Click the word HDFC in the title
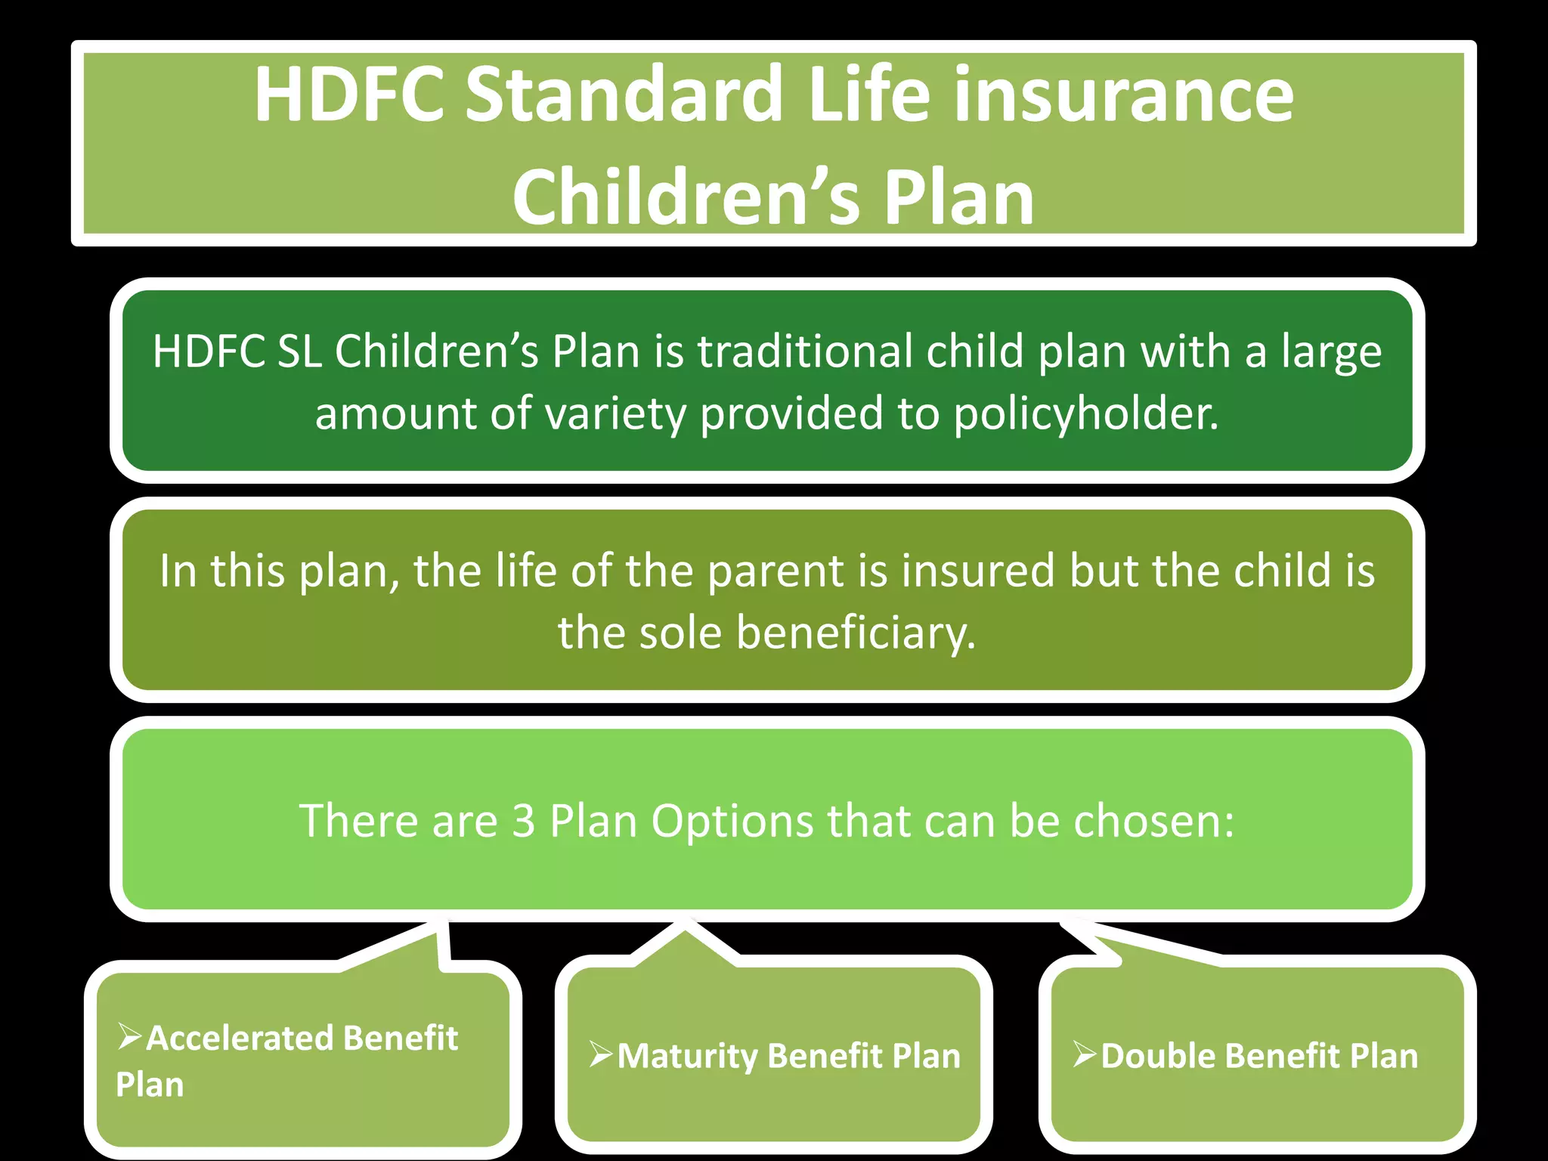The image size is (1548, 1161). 349,94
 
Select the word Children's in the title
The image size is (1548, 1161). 686,197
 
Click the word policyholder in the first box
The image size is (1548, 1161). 1085,414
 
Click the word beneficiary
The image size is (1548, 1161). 855,633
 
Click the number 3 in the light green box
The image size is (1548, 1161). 523,821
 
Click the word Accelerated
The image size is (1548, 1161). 240,1039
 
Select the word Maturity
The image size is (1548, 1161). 686,1057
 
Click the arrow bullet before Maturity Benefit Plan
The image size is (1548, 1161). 602,1054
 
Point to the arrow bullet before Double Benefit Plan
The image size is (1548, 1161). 1085,1054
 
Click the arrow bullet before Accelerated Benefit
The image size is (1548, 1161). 130,1036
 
